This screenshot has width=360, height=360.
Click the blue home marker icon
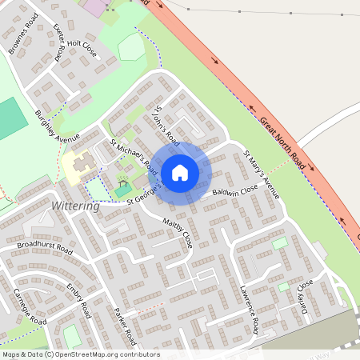(x=180, y=173)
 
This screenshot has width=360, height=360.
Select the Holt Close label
(x=84, y=50)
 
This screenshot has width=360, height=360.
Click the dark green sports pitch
(x=10, y=117)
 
